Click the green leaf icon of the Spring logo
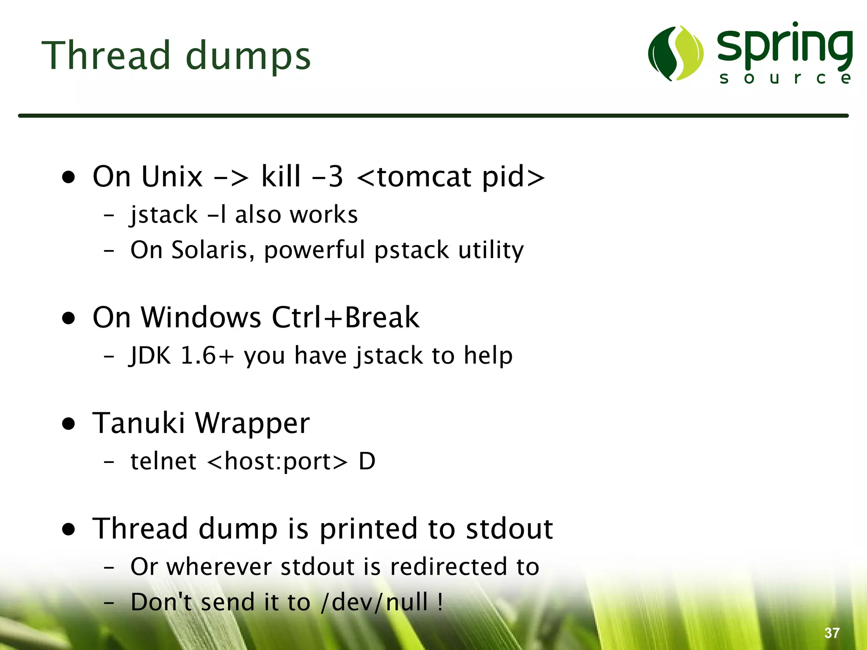676,53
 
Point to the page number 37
832,633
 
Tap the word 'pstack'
411,250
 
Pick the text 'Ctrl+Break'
345,317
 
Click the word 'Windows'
201,317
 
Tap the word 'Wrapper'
252,423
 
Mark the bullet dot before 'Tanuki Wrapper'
69,424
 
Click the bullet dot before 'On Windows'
69,318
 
